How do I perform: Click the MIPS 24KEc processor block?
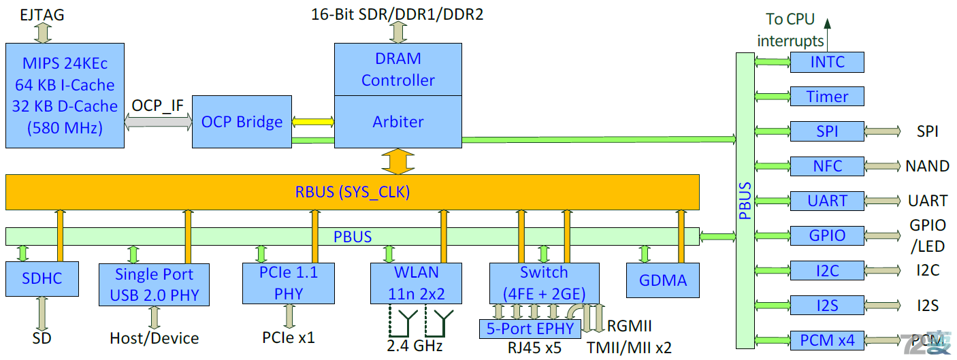[65, 95]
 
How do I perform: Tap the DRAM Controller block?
[398, 69]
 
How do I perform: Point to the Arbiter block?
[398, 122]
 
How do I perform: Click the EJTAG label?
[42, 14]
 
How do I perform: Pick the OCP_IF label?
[158, 105]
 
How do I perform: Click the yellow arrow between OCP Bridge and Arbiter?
[313, 122]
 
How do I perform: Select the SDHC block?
[42, 280]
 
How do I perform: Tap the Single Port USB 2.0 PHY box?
[154, 284]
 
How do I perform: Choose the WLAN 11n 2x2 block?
[415, 283]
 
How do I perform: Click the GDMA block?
[662, 280]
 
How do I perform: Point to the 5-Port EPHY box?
[530, 329]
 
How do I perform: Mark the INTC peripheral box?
[827, 62]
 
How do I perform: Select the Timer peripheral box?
[827, 97]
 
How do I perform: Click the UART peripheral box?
[827, 201]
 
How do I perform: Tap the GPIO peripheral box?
[827, 235]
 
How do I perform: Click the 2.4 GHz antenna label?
[415, 346]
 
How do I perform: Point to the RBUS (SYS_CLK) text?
[352, 192]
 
